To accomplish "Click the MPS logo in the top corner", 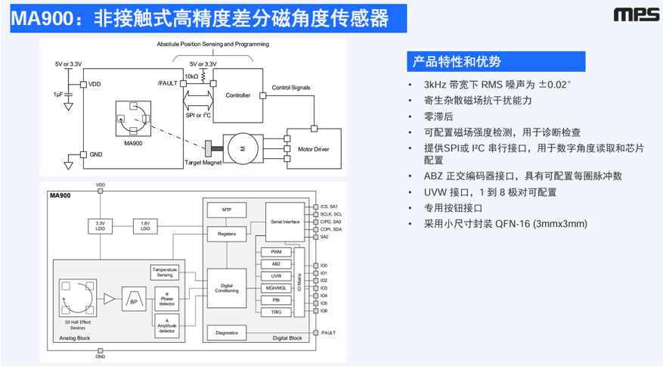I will (x=633, y=15).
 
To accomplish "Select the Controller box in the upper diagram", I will (x=239, y=96).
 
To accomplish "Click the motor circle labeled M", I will (x=243, y=148).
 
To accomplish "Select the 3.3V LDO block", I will (x=100, y=226).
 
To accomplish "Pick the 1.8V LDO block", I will (x=144, y=226).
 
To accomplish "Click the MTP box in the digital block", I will (x=226, y=210).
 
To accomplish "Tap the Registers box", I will (x=226, y=234).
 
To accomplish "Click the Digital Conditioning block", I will (x=226, y=288).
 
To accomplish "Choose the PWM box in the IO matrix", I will (x=276, y=251).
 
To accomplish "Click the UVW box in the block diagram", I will (x=276, y=276).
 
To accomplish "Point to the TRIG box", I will (x=276, y=312).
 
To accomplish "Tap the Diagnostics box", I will (x=227, y=333).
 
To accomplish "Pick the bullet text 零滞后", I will (x=438, y=117).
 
